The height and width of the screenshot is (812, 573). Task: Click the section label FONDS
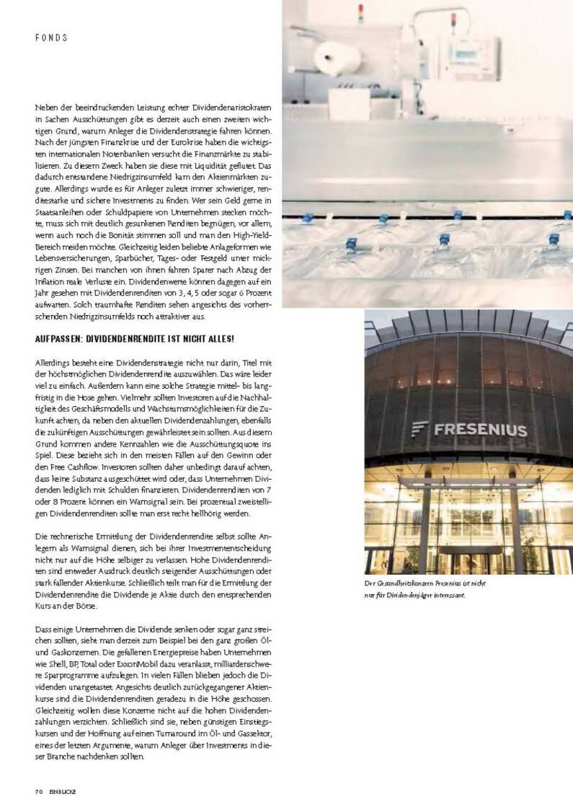(x=50, y=37)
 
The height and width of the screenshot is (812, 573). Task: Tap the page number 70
(x=38, y=791)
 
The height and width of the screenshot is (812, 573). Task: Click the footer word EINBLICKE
(x=63, y=791)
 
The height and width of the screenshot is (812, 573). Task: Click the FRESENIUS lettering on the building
(x=480, y=431)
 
